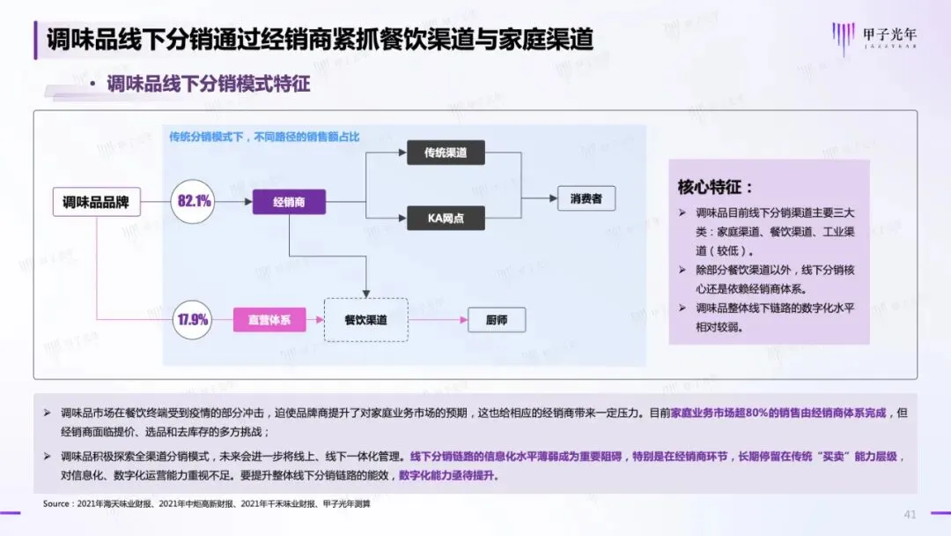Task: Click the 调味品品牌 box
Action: [x=96, y=202]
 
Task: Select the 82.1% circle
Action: [x=194, y=202]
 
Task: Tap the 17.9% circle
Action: [x=193, y=320]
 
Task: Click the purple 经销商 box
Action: [x=290, y=202]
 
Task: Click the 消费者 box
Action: [x=586, y=199]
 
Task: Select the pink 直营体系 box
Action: [x=269, y=320]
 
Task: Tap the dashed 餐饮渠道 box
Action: [x=365, y=320]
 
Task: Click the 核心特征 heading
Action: [x=715, y=187]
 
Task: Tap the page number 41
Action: [x=910, y=514]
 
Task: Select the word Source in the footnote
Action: [x=58, y=504]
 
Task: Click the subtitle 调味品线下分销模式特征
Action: [x=209, y=85]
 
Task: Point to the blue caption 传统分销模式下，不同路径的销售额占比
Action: [x=264, y=138]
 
